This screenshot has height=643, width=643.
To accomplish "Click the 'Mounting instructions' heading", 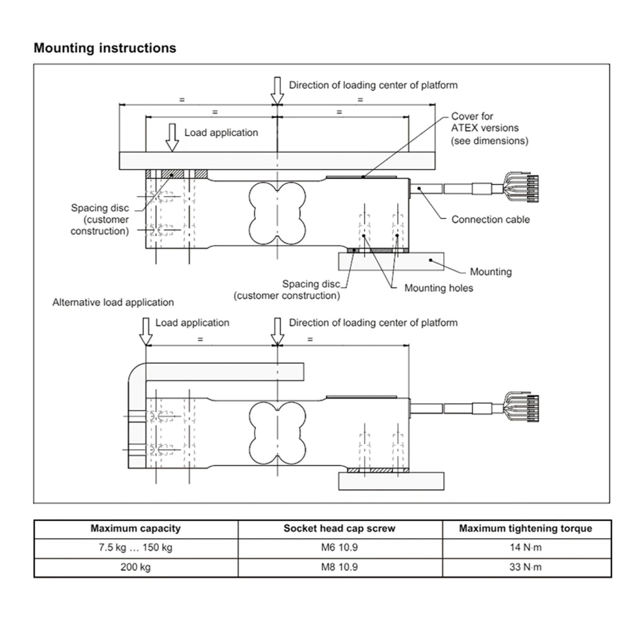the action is pos(105,48).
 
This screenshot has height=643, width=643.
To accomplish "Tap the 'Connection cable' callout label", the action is pos(490,219).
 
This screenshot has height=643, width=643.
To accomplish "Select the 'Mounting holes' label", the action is pos(438,288).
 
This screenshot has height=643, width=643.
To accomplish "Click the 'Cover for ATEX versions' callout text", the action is pos(489,128).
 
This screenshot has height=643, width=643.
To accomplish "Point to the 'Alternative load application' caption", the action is pos(113,302).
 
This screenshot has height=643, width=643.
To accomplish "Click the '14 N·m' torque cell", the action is pos(525,547).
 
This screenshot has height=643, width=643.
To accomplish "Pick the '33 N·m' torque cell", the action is pos(525,567).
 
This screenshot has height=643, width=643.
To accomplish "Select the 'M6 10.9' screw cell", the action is pos(339,547).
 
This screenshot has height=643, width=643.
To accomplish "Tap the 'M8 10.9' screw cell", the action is pos(339,567).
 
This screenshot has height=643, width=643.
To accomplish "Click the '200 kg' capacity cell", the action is pos(135,567).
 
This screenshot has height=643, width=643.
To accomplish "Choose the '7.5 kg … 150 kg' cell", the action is pos(135,547).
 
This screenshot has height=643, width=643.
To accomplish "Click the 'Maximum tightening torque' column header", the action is pos(525,528).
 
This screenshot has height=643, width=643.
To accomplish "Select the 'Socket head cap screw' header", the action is pos(339,528).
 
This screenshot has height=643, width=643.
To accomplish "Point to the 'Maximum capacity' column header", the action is pos(135,528).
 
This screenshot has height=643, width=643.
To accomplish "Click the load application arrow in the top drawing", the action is pos(172,137).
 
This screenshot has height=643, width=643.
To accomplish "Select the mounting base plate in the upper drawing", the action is pos(391,262).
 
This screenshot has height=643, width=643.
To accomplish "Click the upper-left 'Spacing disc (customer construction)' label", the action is pos(100,219).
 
